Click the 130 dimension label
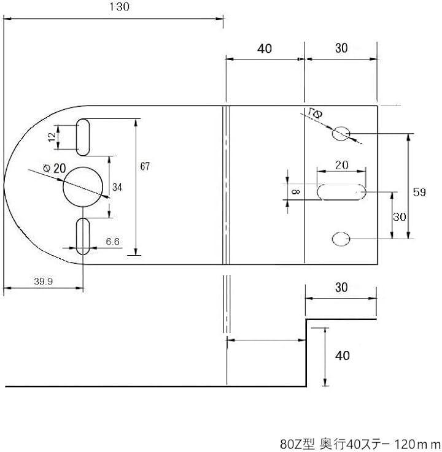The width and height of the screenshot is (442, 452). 119,7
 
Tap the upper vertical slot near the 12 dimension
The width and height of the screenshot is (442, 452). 83,137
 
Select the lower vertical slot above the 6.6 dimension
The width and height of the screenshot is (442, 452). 83,236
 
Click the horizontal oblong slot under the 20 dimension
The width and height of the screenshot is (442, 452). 341,192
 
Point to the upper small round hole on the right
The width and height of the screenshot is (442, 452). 341,134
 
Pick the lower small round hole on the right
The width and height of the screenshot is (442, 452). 341,239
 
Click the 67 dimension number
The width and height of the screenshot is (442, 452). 145,166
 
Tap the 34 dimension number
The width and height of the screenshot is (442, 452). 117,188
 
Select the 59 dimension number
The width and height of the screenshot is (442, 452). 419,192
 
